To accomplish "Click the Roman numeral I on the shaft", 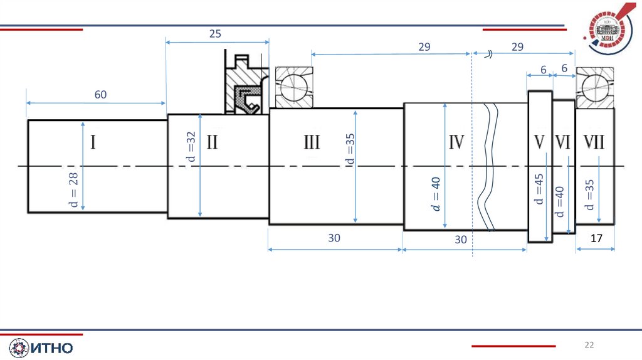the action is pos(93,142).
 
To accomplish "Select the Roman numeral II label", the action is pos(212,142).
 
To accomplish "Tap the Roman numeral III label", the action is pos(312,142).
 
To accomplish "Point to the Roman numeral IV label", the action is pos(456,142).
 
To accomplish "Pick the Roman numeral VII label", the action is pos(594,142).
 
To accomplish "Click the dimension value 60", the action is pos(100,95).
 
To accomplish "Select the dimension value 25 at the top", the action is pos(215,34).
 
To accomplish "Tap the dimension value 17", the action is pos(597,238).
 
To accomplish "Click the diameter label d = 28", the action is pos(73,190).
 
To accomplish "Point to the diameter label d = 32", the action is pos(191,147).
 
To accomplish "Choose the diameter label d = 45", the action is pos(539,189).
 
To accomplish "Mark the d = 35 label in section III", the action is pos(350,149).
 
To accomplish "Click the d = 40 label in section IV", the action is pos(436,194).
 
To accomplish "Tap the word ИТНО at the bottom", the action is pos(52,348).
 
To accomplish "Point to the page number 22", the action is pos(589,345).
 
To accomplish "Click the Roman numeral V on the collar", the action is pos(540,142).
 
